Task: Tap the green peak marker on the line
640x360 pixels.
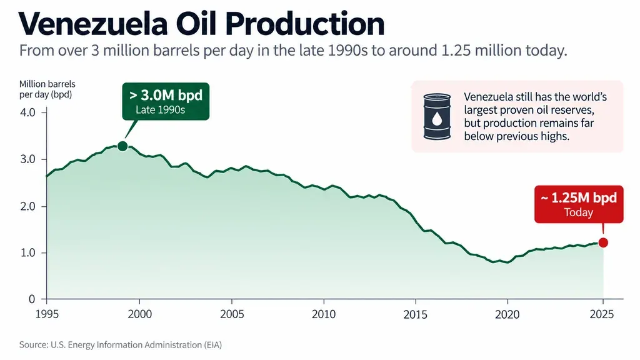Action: (x=122, y=146)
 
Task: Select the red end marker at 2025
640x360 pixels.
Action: (x=603, y=243)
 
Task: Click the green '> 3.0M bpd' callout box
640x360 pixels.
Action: (x=166, y=101)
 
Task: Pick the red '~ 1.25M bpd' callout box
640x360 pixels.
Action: (x=579, y=204)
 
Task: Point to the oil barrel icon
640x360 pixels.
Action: (x=437, y=116)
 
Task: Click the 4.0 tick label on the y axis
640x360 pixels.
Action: (x=27, y=112)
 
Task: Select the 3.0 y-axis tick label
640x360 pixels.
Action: (x=27, y=159)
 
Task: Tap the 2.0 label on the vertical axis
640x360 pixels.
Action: (x=27, y=206)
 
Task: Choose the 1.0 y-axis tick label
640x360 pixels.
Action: (x=27, y=252)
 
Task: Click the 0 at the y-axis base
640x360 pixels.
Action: (x=32, y=299)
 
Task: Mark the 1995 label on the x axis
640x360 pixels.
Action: (x=47, y=314)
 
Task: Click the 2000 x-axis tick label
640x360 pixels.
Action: (x=139, y=314)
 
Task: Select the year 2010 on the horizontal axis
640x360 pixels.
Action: (x=324, y=314)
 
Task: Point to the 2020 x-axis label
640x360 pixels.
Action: (x=507, y=314)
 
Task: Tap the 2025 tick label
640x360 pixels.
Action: (x=602, y=314)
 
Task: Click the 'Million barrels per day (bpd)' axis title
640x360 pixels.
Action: (x=47, y=89)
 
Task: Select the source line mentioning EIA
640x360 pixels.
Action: (x=121, y=345)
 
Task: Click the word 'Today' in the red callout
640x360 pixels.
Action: (x=578, y=212)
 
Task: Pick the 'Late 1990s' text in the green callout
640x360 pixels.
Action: (x=161, y=110)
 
